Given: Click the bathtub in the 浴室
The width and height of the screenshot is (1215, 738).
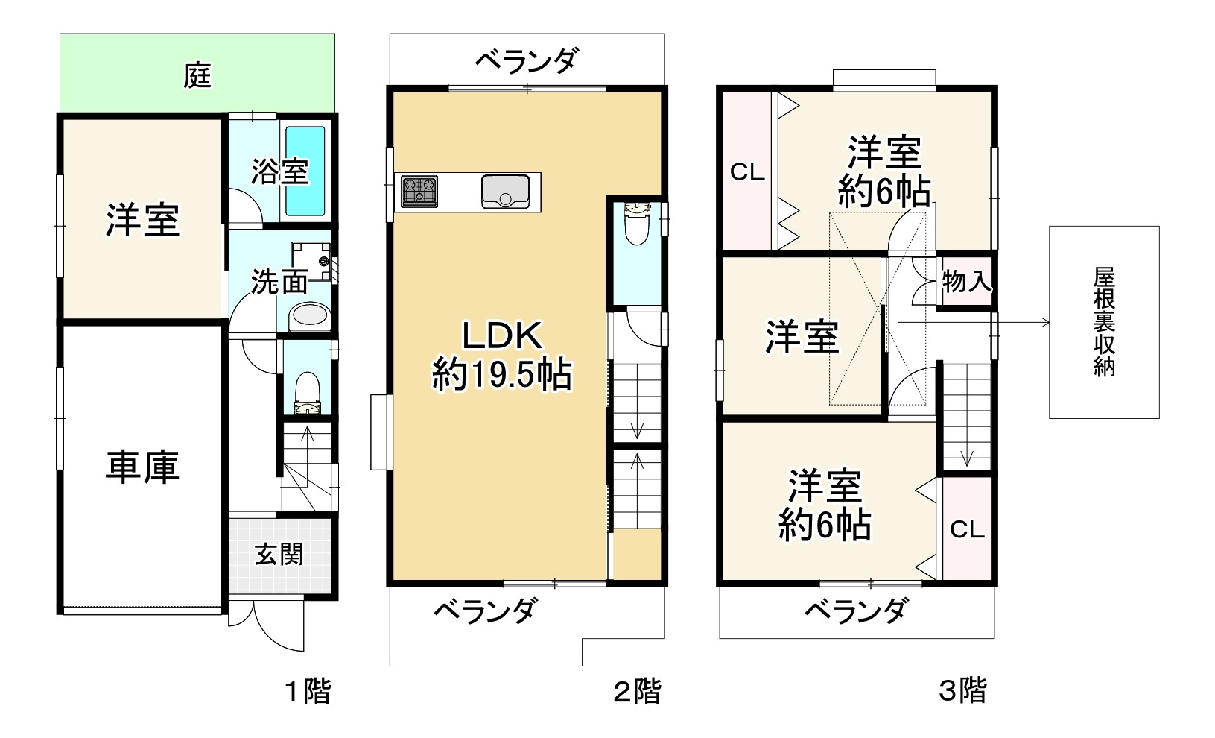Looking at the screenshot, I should (x=305, y=171).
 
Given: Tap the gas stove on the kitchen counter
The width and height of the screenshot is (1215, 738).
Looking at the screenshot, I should (x=419, y=192).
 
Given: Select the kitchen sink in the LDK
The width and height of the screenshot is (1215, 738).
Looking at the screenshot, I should (x=505, y=192).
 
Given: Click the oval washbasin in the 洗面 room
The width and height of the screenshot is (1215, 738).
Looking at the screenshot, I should (x=308, y=316).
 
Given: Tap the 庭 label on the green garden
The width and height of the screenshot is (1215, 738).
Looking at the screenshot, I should (x=198, y=75).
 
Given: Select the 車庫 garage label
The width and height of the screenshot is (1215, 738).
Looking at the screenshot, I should (x=142, y=467).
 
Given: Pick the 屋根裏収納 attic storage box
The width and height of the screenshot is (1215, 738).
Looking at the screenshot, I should (x=1104, y=321).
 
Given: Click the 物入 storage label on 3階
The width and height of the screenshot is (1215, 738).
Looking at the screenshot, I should (x=966, y=282).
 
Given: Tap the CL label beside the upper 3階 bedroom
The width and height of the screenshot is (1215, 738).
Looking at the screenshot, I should (x=747, y=173).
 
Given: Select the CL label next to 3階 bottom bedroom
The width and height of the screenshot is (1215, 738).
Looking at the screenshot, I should (x=967, y=529).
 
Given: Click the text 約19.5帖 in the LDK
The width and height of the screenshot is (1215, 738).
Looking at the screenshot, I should (x=501, y=375).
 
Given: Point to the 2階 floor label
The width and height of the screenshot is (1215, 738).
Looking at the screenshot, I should (x=636, y=692).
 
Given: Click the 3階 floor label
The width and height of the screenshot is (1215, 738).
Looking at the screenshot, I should (x=962, y=690).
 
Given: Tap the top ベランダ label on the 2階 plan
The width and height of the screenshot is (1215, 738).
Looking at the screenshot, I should (x=526, y=60).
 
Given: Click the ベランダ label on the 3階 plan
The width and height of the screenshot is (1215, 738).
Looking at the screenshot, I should (x=856, y=611).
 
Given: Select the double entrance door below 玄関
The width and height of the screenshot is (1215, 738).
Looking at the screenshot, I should (x=265, y=622).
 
